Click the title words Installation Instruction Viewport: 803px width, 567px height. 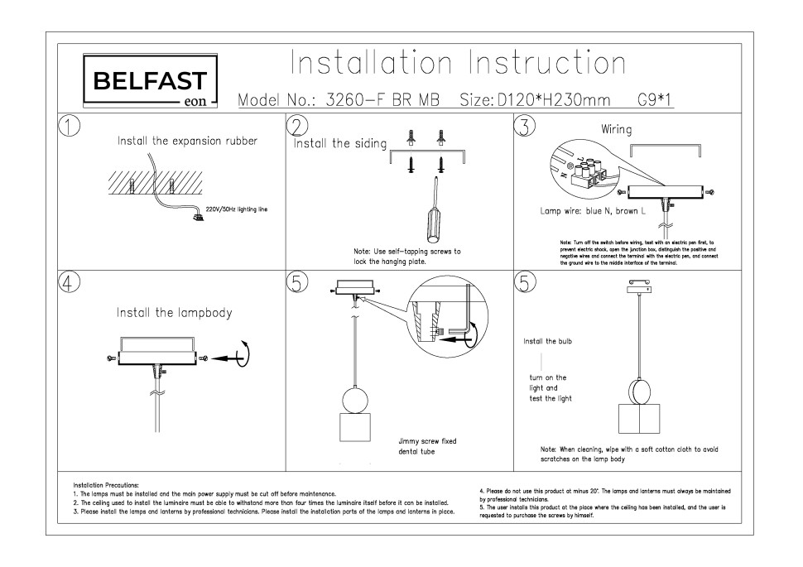click(x=458, y=63)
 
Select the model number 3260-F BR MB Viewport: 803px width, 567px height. click(x=382, y=100)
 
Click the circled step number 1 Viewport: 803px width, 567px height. click(x=70, y=125)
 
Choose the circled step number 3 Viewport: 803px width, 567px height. click(x=525, y=125)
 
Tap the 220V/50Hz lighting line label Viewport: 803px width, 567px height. click(x=236, y=210)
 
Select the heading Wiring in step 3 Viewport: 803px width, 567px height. click(x=617, y=130)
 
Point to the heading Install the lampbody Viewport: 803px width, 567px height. click(x=174, y=313)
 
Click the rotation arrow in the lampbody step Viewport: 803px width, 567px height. click(x=245, y=355)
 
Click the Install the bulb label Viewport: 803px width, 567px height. click(x=547, y=341)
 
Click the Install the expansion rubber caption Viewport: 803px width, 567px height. click(x=187, y=141)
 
